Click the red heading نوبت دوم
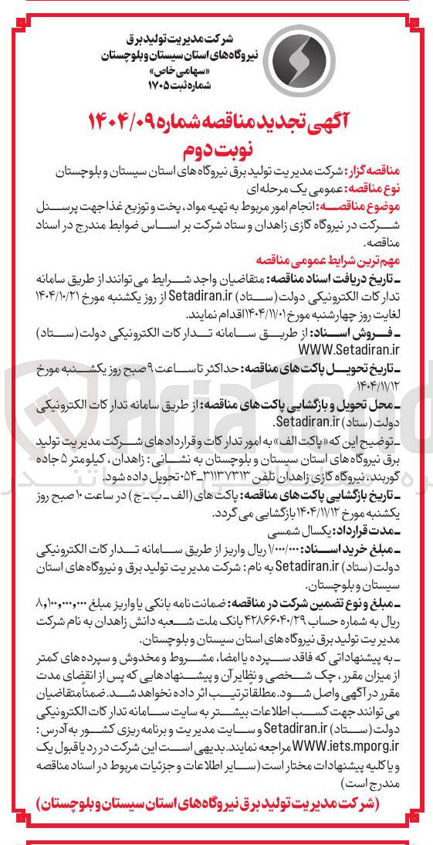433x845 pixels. click(217, 145)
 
